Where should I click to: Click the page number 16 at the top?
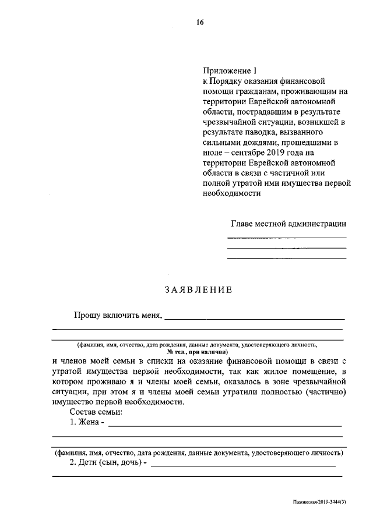pos(200,23)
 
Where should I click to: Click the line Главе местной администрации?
pos(288,223)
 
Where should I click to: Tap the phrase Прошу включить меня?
pos(117,315)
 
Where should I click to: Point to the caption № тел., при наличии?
pos(198,352)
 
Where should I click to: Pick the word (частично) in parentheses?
pos(326,392)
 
